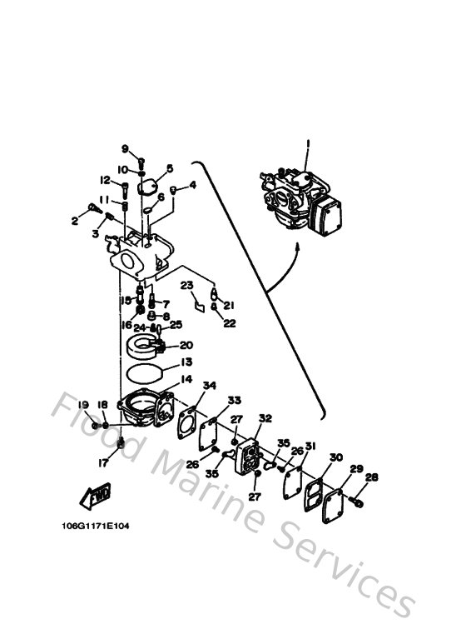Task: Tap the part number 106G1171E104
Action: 96,526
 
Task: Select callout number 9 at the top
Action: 126,149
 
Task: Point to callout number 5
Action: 169,168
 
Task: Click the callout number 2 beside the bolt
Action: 75,221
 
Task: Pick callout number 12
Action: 106,180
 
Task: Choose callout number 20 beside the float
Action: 186,345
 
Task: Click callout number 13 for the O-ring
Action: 186,362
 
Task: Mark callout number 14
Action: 186,379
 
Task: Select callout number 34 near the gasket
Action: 209,385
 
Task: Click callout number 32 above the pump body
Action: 265,418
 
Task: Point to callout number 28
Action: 371,477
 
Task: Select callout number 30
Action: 335,457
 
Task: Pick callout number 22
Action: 229,322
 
